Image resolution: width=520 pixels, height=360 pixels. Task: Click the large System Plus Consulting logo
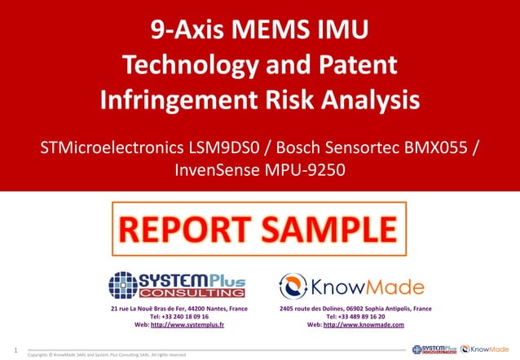pos(178,284)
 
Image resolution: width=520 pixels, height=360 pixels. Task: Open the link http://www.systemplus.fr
pos(187,325)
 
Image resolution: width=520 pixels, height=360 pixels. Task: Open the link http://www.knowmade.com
pos(364,325)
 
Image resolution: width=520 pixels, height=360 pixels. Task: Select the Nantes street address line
pos(179,309)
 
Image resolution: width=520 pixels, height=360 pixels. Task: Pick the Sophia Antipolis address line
pos(355,309)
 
